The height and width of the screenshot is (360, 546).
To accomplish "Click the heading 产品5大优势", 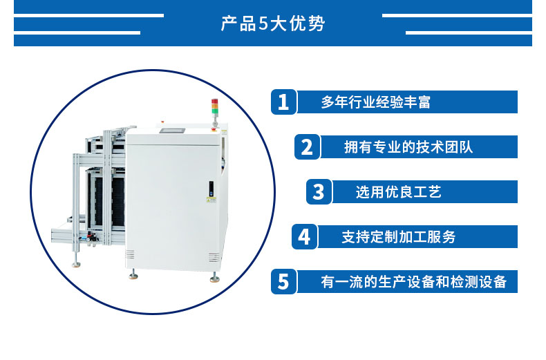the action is (x=272, y=23).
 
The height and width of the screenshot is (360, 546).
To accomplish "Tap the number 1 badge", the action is (x=283, y=102).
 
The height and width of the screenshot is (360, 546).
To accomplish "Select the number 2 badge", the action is (x=307, y=147).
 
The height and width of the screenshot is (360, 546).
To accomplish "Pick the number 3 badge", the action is (x=319, y=192).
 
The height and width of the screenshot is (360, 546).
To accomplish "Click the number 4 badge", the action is (x=304, y=237).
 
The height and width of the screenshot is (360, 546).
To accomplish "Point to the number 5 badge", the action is (x=283, y=282).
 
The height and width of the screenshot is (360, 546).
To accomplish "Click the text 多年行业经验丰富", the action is (x=376, y=102).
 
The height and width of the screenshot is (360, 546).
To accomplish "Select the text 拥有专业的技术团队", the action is (x=408, y=147).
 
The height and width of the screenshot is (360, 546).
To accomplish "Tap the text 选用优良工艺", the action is (x=398, y=192).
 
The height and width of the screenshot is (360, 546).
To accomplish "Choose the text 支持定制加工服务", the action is (x=398, y=237).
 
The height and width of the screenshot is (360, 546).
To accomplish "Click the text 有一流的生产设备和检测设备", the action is (x=414, y=282).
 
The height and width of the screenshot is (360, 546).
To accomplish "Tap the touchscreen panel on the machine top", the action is (x=172, y=131).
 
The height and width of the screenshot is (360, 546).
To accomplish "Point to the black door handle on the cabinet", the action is (x=211, y=189).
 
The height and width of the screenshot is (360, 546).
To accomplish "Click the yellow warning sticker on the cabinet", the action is (x=211, y=200).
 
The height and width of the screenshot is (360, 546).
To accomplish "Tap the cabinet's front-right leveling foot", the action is (x=214, y=278).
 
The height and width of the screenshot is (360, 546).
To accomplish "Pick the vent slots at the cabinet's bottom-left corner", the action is (x=130, y=254).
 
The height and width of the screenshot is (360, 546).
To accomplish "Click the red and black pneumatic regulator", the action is (x=92, y=238).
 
